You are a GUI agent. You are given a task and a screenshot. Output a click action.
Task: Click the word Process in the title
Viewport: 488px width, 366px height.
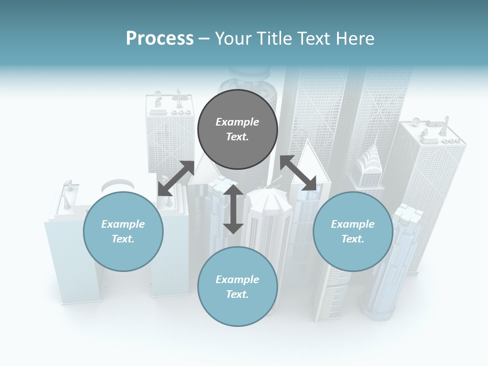click(x=160, y=39)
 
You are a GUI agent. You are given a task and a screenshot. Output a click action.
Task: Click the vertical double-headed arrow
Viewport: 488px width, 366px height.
click(x=233, y=209)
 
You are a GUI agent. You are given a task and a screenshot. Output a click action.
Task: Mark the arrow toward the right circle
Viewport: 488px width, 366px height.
click(x=298, y=173)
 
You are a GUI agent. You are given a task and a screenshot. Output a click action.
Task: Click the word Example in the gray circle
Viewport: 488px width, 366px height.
click(x=237, y=122)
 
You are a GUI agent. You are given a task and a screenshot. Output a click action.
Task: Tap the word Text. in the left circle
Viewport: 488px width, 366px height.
click(x=123, y=239)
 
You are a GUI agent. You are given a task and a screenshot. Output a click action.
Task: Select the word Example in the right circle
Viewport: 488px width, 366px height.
click(x=353, y=224)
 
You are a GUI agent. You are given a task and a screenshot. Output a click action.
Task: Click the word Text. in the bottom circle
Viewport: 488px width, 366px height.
click(x=237, y=294)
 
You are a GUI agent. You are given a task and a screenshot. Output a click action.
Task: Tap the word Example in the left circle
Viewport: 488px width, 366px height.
click(x=123, y=224)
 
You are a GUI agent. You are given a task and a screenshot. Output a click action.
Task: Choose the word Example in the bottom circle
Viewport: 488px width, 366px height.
click(x=237, y=280)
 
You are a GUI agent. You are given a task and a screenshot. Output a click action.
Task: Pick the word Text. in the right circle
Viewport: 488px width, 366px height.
click(x=353, y=239)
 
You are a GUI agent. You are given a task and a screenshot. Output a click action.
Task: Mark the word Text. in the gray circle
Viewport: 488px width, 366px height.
click(x=237, y=137)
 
